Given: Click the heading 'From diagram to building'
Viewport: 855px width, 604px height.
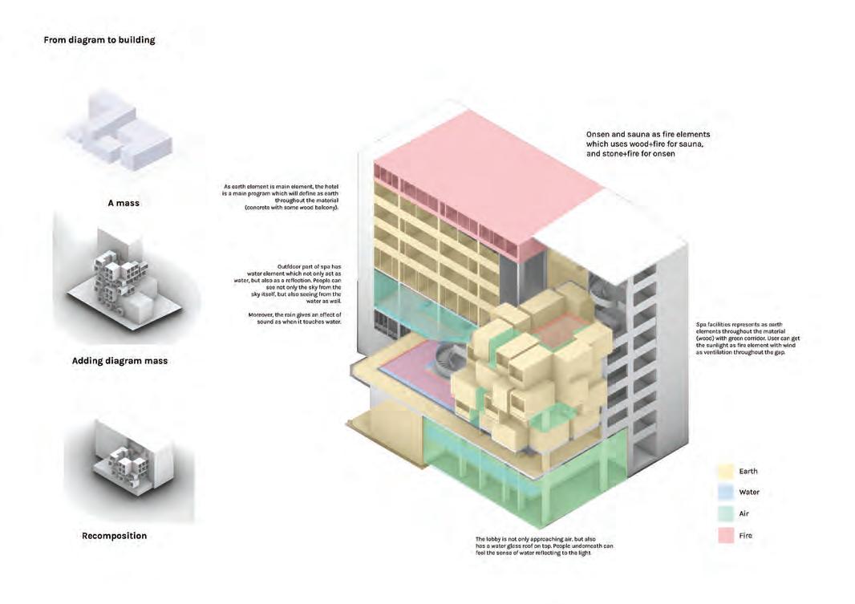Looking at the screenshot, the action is pyautogui.click(x=99, y=39).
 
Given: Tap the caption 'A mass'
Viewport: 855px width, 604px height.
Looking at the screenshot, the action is pyautogui.click(x=124, y=203).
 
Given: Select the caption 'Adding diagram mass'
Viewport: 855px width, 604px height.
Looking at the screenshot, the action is pyautogui.click(x=120, y=361).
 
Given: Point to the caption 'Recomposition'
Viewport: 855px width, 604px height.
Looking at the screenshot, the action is pyautogui.click(x=114, y=535).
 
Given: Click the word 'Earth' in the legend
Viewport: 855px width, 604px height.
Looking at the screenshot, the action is pyautogui.click(x=748, y=472).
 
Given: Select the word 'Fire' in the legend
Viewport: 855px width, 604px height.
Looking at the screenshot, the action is pyautogui.click(x=746, y=536).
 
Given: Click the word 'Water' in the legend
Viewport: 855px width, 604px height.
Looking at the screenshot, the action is pyautogui.click(x=749, y=493).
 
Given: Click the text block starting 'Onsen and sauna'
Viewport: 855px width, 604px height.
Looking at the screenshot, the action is pyautogui.click(x=647, y=144).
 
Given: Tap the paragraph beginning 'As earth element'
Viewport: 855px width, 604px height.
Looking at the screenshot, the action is pyautogui.click(x=283, y=197).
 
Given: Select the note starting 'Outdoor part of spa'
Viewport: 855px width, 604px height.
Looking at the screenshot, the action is pyautogui.click(x=296, y=283).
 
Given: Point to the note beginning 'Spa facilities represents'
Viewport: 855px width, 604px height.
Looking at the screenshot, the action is pyautogui.click(x=748, y=338).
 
